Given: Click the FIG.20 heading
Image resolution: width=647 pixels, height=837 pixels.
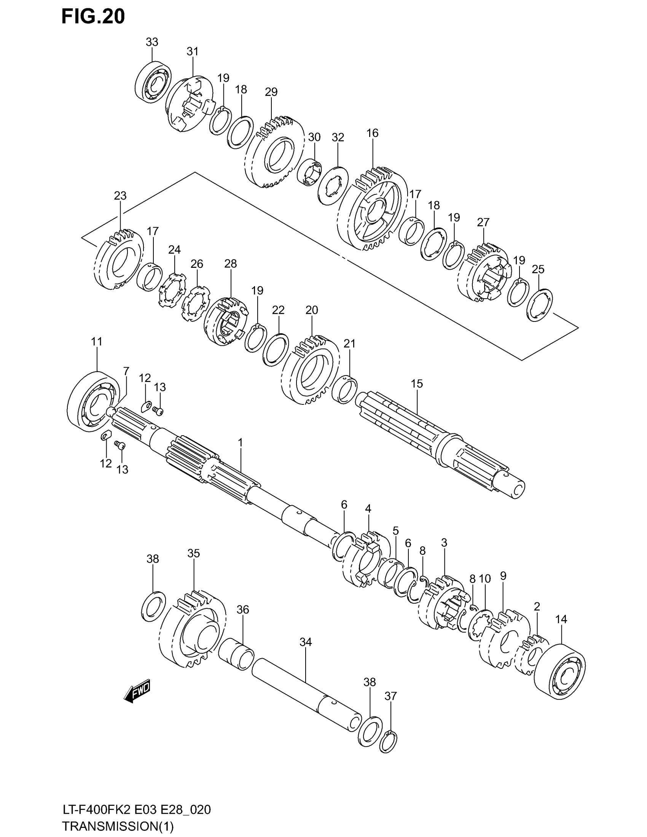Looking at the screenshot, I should pos(93,17).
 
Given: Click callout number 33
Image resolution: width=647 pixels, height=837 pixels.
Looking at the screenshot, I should pos(152,42).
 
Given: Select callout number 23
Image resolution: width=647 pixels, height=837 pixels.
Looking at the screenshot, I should pos(120,196).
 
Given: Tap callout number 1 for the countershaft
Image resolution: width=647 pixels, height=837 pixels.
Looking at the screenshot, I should pos(240,442).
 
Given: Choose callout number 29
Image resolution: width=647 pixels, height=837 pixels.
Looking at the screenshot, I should pos(271,92).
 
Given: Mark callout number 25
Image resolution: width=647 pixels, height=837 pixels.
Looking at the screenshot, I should pos(538,269).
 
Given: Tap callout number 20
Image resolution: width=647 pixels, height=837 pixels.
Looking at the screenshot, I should pos(312,310).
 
